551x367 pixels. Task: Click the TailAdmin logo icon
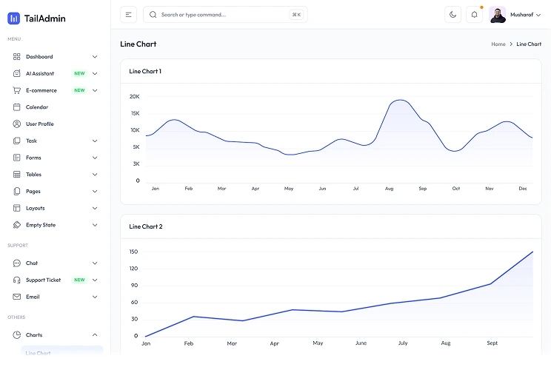14,18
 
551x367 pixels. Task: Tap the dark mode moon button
453,15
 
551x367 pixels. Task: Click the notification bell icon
474,15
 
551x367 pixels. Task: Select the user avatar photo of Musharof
497,15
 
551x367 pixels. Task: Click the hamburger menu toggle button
128,15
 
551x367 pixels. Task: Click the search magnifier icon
153,15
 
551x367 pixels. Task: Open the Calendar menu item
37,107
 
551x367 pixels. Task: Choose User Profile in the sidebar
40,124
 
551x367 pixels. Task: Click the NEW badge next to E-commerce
79,90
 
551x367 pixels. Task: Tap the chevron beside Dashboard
95,56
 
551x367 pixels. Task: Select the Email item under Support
33,297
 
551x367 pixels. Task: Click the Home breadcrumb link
498,44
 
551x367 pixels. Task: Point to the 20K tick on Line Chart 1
135,97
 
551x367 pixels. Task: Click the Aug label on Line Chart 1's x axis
389,189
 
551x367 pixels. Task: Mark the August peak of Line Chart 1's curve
400,100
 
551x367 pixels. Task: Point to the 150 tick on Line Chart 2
133,252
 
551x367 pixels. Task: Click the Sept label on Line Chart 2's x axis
492,343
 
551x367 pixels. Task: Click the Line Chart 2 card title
146,226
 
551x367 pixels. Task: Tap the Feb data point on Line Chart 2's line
193,317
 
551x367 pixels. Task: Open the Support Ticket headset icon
16,280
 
